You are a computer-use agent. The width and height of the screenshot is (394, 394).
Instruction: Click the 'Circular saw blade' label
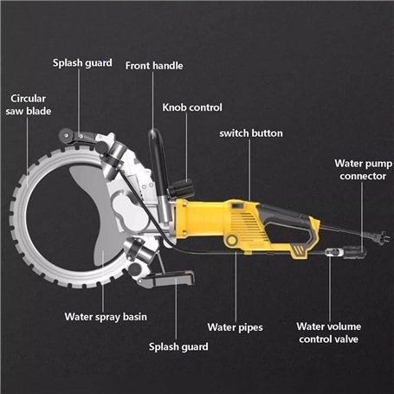coord(29,105)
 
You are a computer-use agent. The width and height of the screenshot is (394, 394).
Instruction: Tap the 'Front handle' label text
coord(154,66)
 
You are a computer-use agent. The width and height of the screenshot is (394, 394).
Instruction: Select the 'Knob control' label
coord(192,107)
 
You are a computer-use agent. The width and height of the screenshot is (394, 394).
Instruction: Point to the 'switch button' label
coord(251,133)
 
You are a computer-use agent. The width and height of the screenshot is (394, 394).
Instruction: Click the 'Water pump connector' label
coord(363,170)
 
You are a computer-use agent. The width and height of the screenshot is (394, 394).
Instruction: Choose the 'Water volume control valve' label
coord(329,333)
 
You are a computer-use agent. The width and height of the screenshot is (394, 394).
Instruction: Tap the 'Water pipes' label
coord(236,327)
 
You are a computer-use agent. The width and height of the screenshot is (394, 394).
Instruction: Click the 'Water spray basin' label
coord(106,317)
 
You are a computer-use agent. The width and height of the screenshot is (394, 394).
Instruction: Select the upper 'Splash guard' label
coord(82,63)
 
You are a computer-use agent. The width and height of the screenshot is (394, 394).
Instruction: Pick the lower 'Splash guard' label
coord(178,346)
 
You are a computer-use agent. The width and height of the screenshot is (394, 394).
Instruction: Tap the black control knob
coord(181,189)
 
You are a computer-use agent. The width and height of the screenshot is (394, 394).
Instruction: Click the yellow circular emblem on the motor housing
coord(232,240)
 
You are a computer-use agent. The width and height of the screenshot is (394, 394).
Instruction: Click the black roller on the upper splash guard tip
coord(66,135)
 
